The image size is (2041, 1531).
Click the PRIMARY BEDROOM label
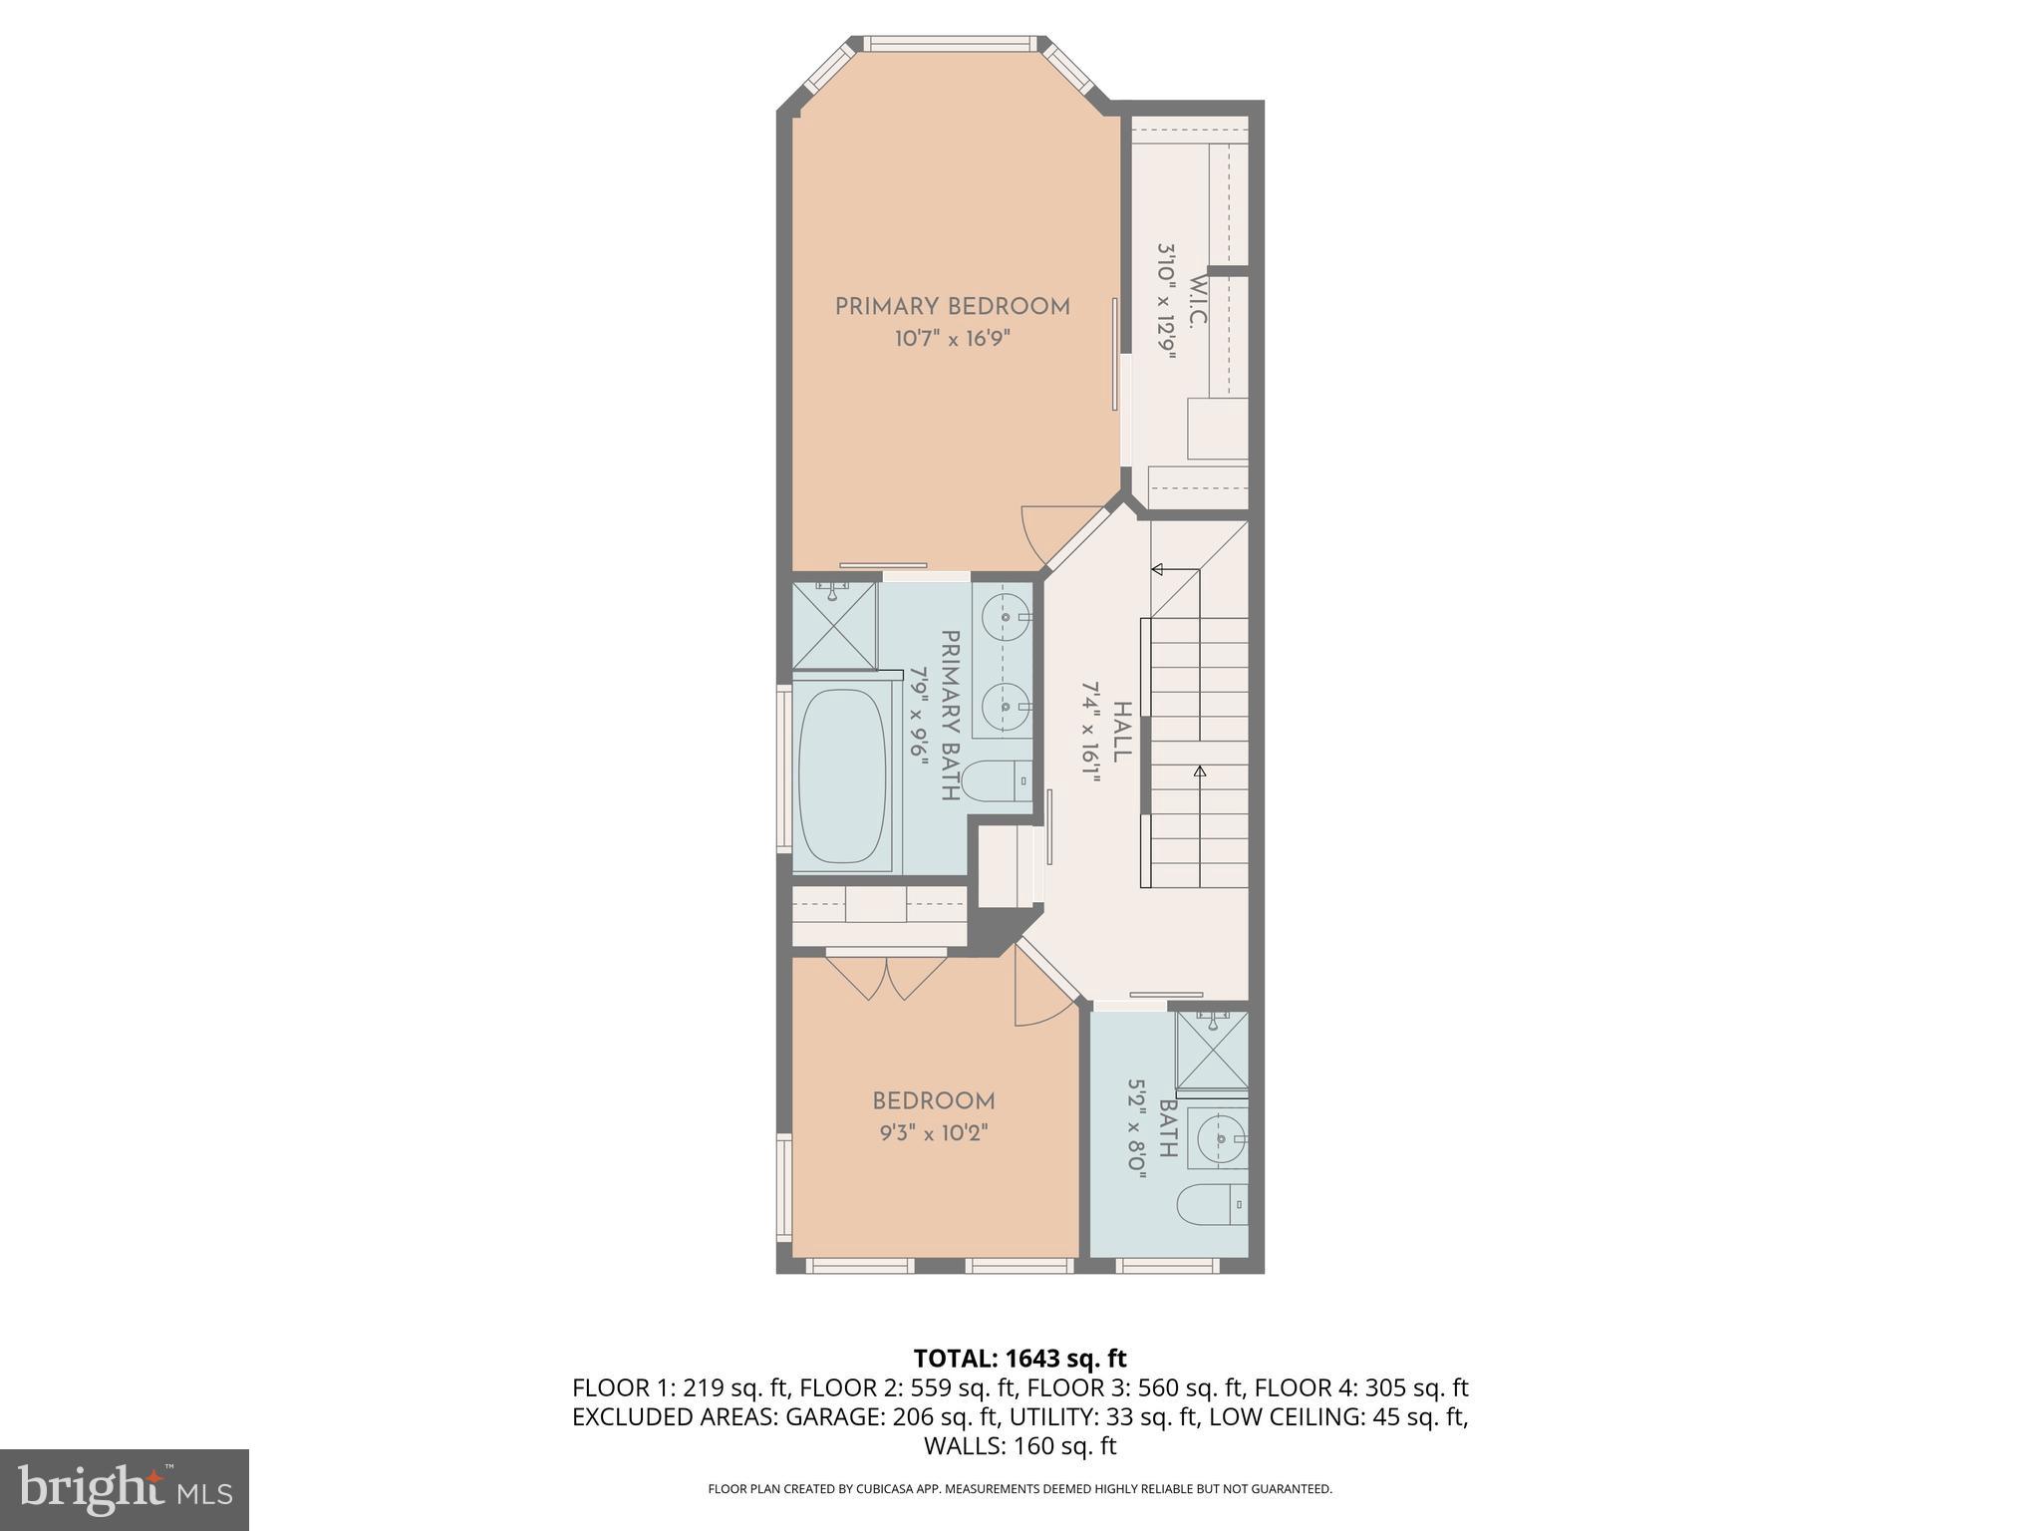point(952,306)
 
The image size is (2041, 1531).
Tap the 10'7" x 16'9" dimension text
point(952,339)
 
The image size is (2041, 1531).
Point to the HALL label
point(1121,732)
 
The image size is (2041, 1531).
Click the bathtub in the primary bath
point(842,775)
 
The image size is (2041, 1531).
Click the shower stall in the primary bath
point(834,625)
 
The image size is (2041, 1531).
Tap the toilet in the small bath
point(1212,1205)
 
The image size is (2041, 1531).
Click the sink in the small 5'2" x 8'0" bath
point(1221,1137)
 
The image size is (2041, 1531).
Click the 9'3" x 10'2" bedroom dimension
point(933,1133)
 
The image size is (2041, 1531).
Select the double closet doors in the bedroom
point(886,977)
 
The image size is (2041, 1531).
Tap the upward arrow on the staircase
point(1200,770)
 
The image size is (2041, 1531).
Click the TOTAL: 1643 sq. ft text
point(1020,1359)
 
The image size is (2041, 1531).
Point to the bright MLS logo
point(125,1489)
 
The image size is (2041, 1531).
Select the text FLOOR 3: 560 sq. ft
point(1136,1387)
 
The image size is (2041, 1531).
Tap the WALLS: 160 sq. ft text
point(1020,1446)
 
